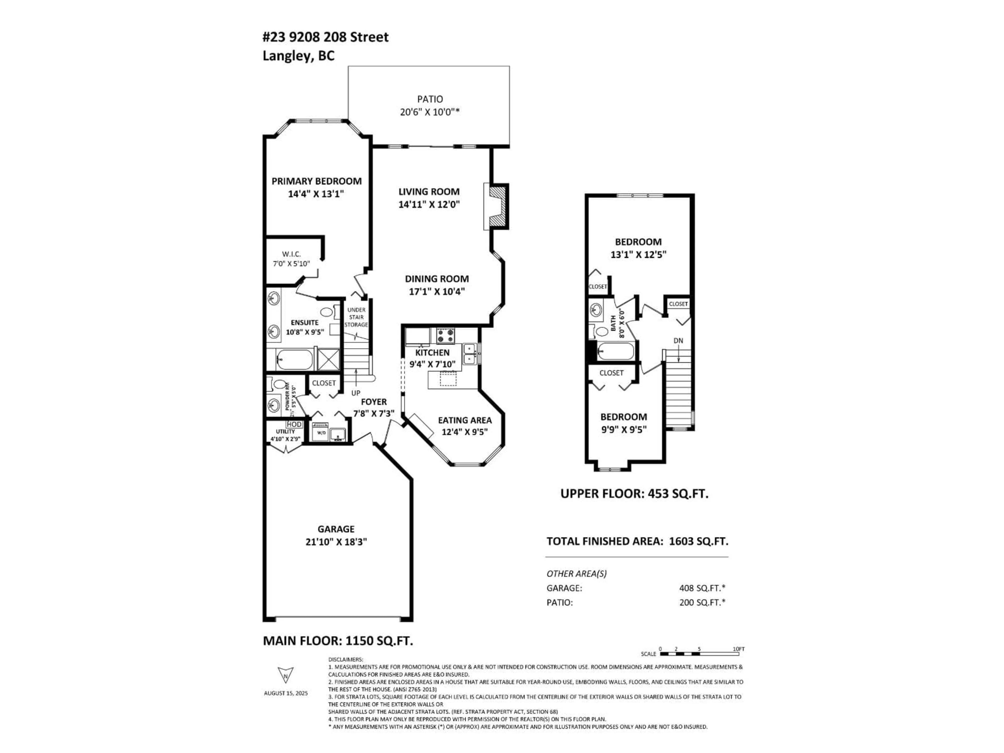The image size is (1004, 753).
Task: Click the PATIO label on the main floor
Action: [430, 99]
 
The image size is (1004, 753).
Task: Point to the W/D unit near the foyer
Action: [321, 432]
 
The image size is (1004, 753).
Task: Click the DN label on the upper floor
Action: [678, 340]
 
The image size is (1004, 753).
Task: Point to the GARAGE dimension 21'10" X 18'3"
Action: [336, 541]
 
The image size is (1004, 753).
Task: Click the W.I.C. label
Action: [292, 254]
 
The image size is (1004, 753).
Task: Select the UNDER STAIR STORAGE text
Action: [356, 317]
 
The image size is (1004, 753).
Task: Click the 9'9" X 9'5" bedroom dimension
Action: [624, 429]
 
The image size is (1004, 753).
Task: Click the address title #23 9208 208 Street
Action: [326, 37]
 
